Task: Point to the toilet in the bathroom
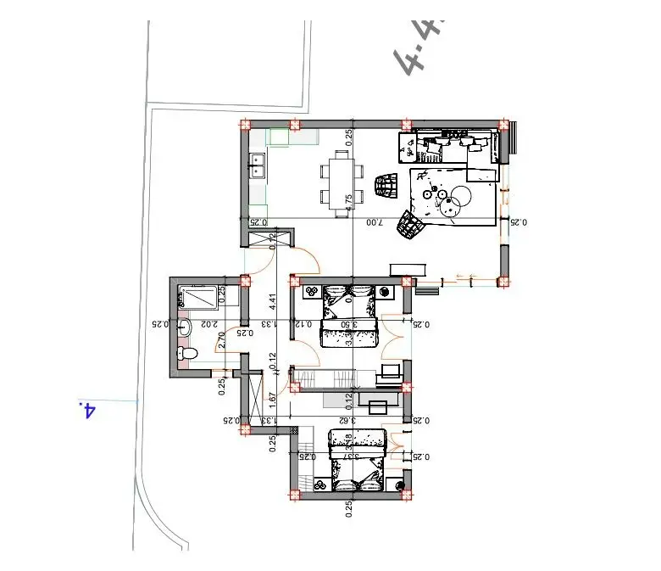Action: click(x=186, y=352)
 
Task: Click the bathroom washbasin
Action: click(x=186, y=324)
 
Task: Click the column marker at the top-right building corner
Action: click(x=503, y=125)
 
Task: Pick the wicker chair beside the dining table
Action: click(x=386, y=186)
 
